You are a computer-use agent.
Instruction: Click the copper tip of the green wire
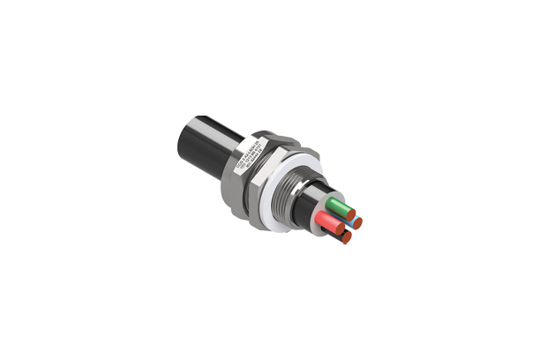[x=350, y=214]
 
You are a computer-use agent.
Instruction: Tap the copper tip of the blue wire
[x=357, y=222]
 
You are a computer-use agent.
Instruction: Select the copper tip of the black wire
[x=347, y=236]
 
